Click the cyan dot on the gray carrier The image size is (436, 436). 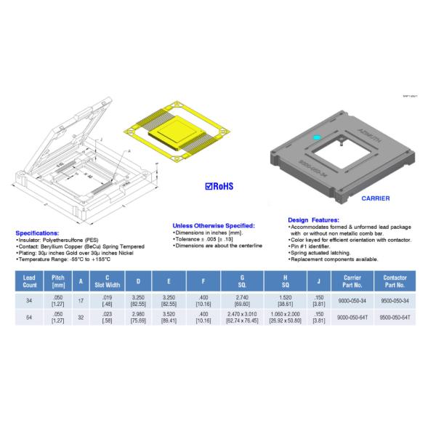click(315, 137)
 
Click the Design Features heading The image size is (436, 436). click(314, 219)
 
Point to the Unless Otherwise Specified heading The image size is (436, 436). click(214, 225)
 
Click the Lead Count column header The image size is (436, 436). click(29, 281)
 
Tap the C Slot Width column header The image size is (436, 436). click(107, 281)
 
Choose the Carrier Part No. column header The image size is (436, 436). click(352, 281)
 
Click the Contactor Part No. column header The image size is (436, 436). click(395, 281)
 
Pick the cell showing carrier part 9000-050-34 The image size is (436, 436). click(352, 300)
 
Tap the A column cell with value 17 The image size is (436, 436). click(81, 300)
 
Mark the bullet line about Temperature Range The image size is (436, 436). click(62, 259)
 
